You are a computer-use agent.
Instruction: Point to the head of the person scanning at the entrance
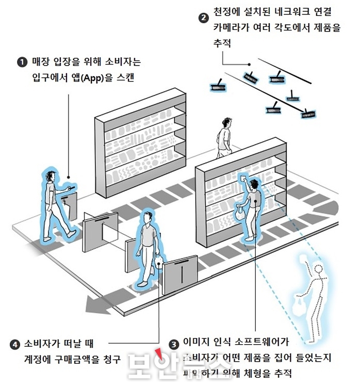[48, 176]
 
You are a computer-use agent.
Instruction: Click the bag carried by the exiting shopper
[160, 264]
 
